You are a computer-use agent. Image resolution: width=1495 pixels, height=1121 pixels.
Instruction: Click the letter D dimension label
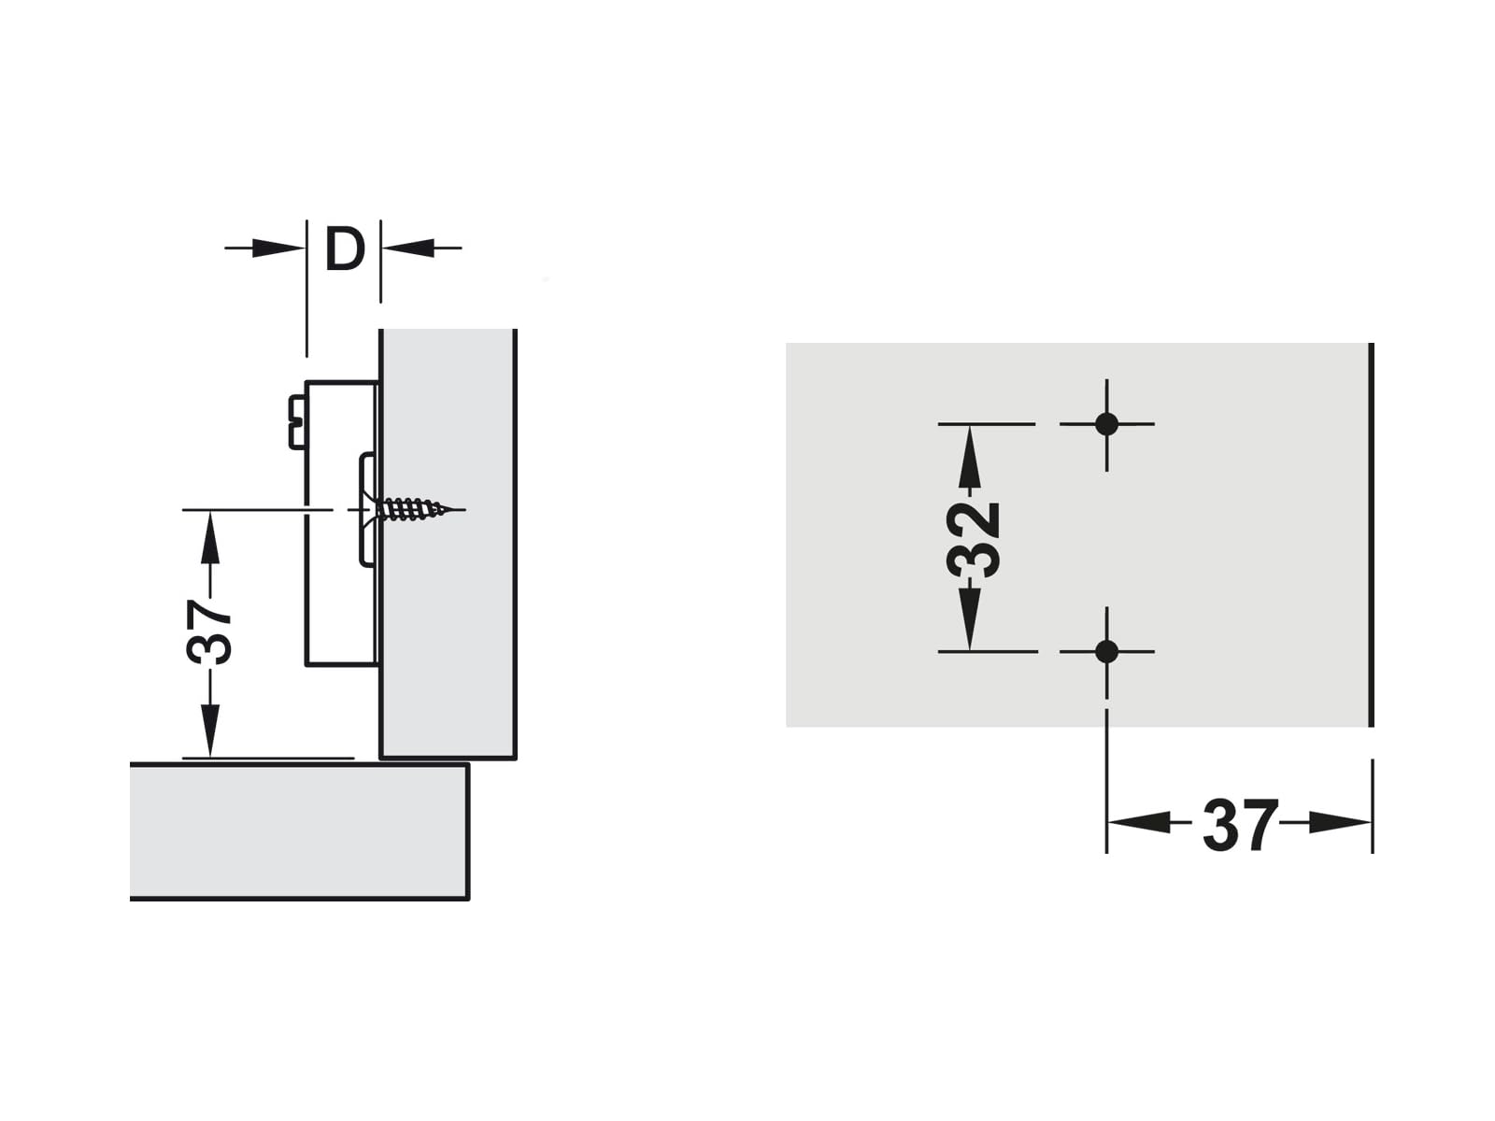tap(345, 248)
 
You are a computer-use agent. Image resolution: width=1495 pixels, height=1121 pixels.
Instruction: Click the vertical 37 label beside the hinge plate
tap(209, 631)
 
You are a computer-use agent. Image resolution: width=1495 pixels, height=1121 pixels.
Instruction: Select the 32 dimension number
tap(974, 540)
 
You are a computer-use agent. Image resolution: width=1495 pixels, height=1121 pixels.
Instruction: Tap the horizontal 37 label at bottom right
tap(1239, 825)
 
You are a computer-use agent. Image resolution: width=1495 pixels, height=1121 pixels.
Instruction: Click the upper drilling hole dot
tap(1107, 424)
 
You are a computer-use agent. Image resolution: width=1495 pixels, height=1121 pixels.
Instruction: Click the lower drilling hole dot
tap(1107, 651)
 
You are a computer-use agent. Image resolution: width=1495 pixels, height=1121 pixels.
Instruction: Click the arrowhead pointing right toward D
tap(278, 248)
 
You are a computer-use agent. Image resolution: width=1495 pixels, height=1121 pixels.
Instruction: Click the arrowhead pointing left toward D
tap(408, 248)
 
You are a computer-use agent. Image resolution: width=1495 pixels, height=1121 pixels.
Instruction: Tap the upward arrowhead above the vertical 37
tap(210, 538)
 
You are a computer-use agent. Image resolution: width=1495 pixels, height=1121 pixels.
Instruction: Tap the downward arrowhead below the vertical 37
tap(210, 730)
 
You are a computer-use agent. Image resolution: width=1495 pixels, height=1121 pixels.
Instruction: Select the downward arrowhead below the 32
tap(969, 618)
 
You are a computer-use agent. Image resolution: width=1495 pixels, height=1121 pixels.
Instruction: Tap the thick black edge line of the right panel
tap(1371, 535)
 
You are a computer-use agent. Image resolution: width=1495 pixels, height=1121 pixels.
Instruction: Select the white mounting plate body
tap(340, 523)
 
